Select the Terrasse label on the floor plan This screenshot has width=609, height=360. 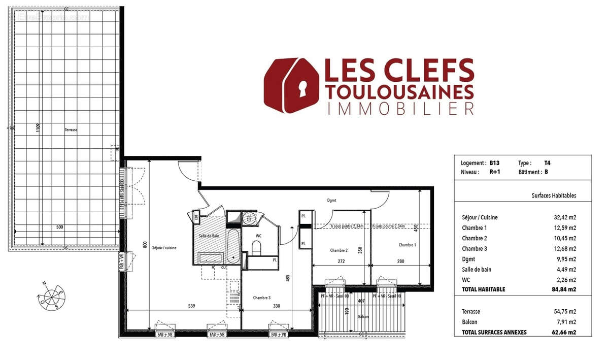71,130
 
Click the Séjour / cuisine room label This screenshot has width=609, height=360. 163,247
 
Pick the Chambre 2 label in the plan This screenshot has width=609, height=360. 339,250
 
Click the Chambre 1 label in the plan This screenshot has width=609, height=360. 407,245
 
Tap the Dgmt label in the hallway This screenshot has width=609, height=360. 332,200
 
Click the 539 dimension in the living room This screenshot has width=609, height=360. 191,306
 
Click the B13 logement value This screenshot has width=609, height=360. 495,163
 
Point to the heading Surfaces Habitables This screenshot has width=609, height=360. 554,195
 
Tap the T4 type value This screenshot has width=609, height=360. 547,163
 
